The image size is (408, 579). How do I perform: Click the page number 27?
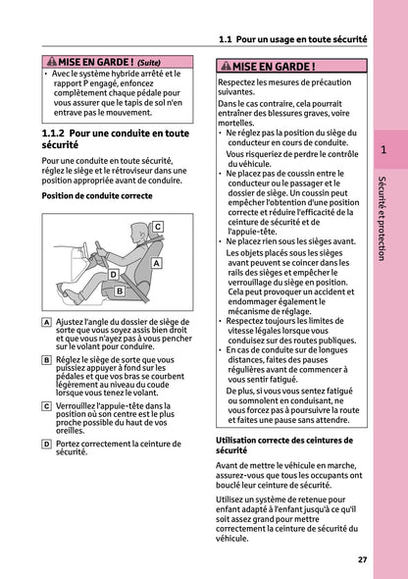pos(362,559)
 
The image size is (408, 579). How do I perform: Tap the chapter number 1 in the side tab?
pos(383,151)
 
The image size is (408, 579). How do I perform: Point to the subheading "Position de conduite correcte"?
pos(97,196)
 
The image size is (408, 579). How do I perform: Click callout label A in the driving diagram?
pos(157,264)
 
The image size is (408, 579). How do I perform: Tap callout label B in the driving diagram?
pos(120,291)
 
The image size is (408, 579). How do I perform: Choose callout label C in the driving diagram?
pos(157,227)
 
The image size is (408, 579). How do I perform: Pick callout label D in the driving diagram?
pos(113,275)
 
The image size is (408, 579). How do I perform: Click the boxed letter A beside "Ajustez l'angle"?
pos(48,323)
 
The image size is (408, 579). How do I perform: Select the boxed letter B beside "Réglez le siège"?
pos(48,360)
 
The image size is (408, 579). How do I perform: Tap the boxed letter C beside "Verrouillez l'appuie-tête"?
pos(48,405)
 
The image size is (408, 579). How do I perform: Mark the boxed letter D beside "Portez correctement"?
pos(48,443)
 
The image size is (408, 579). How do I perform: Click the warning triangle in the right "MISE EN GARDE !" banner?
pos(226,68)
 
